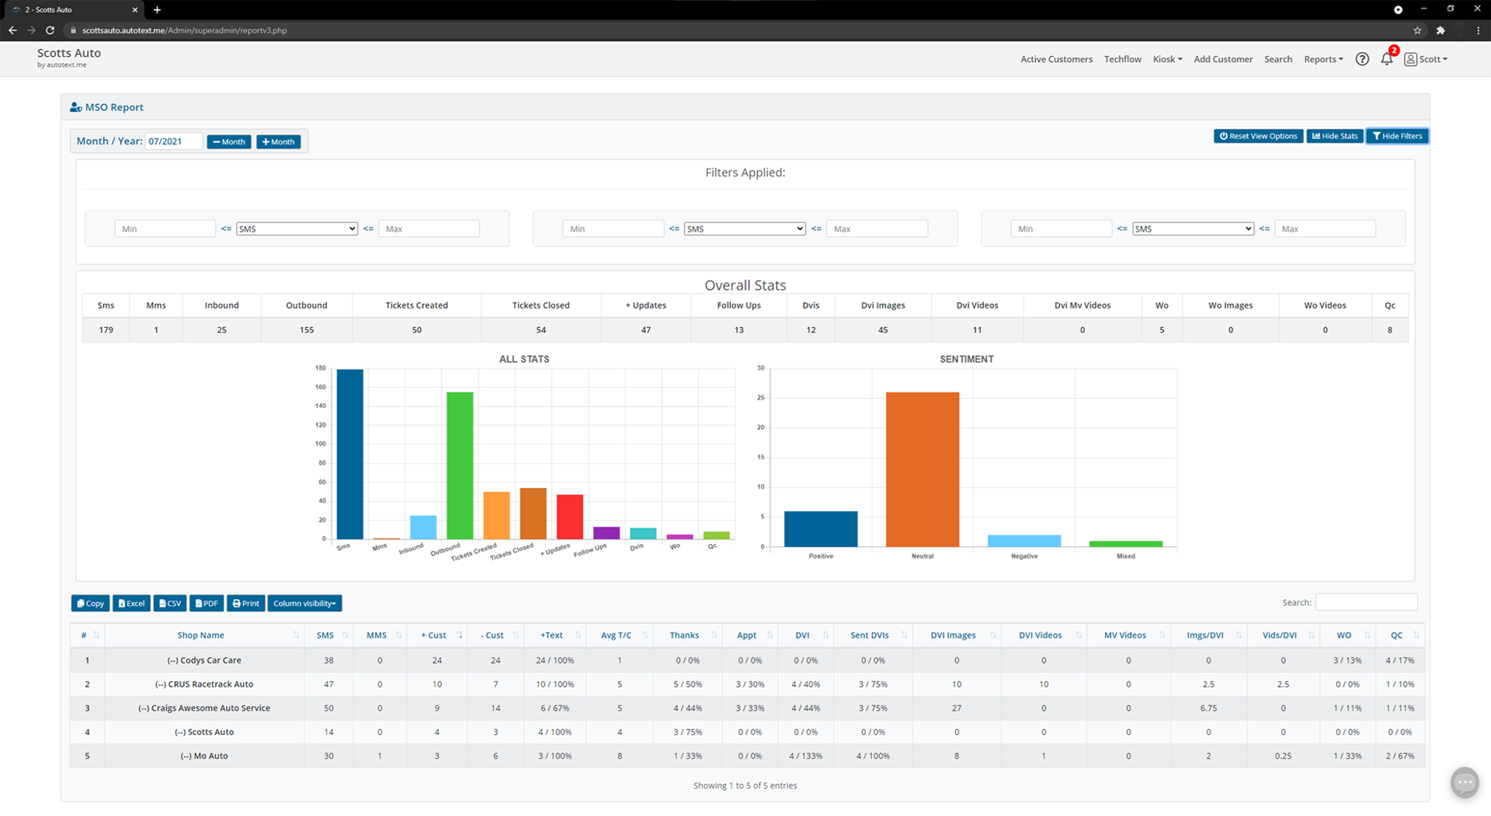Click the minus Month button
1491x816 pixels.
tap(228, 141)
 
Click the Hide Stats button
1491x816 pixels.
tap(1334, 136)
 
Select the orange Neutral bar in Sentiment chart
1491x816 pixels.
tap(922, 469)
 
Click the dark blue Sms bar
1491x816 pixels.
tap(349, 454)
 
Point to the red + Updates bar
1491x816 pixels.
tap(569, 517)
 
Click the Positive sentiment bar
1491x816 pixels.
tap(820, 529)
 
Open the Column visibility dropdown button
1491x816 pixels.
tap(304, 603)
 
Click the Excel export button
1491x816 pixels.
tap(131, 603)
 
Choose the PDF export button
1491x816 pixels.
tap(207, 603)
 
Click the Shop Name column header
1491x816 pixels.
tap(200, 635)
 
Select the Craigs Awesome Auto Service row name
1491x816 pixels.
tap(204, 708)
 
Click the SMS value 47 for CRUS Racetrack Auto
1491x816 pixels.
tap(328, 684)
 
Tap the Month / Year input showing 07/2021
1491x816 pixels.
tap(173, 141)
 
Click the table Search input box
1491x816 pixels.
tap(1365, 602)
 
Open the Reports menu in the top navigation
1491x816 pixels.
tap(1322, 59)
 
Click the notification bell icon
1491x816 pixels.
tap(1386, 59)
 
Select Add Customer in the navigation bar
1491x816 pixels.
tap(1222, 59)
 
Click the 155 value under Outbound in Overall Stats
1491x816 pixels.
tap(307, 330)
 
